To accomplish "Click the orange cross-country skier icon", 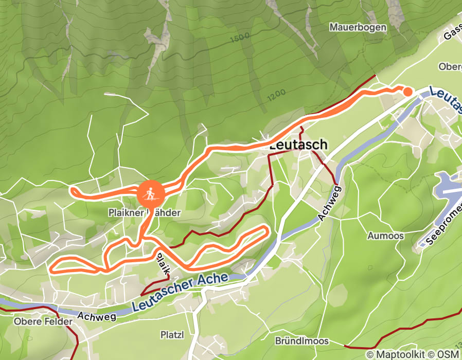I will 150,194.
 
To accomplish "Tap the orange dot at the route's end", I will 407,92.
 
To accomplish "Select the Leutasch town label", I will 298,145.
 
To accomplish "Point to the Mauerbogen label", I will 358,27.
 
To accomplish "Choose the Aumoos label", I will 385,236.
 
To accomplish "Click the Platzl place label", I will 172,334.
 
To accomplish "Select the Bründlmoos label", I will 301,341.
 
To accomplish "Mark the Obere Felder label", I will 34,322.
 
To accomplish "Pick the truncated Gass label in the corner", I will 452,34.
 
